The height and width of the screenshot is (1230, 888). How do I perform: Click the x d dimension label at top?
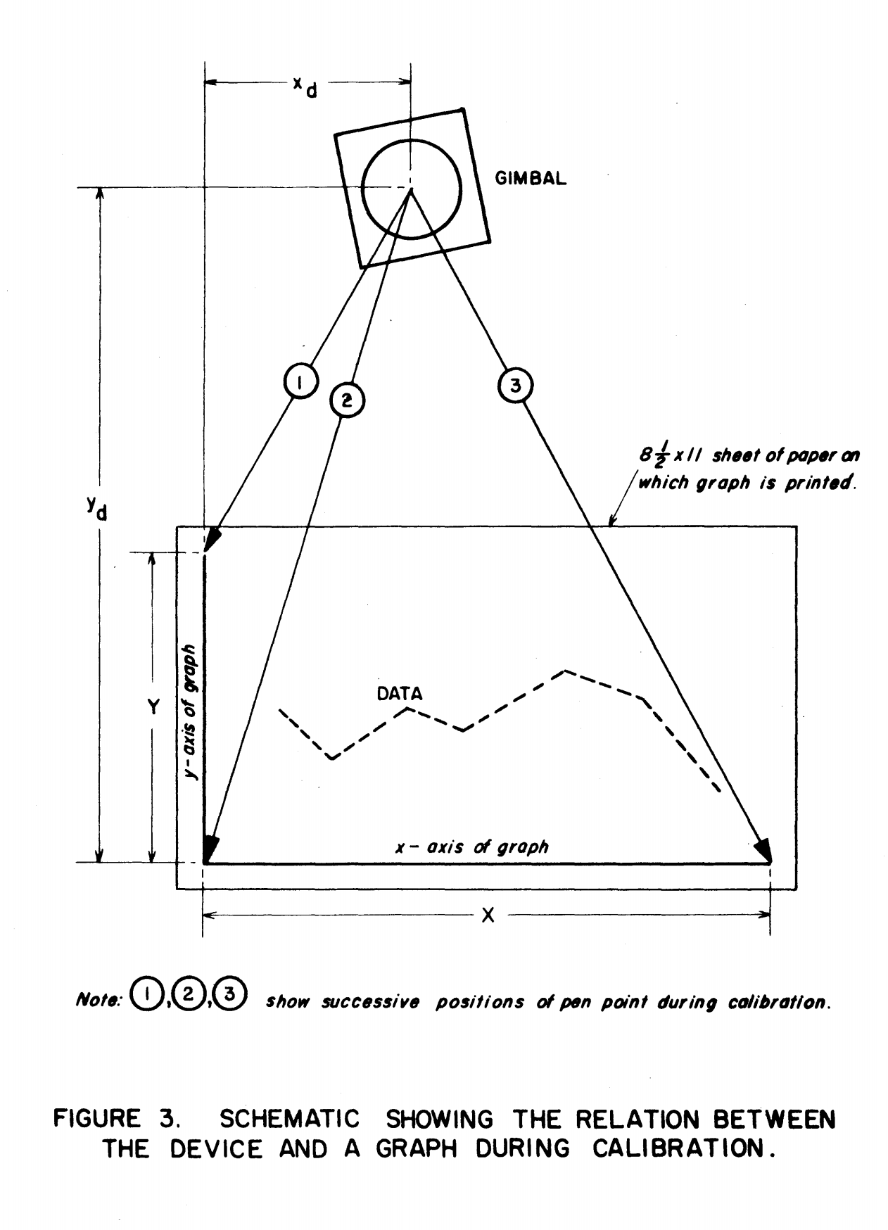point(305,86)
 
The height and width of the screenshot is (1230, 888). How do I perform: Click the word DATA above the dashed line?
point(400,694)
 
